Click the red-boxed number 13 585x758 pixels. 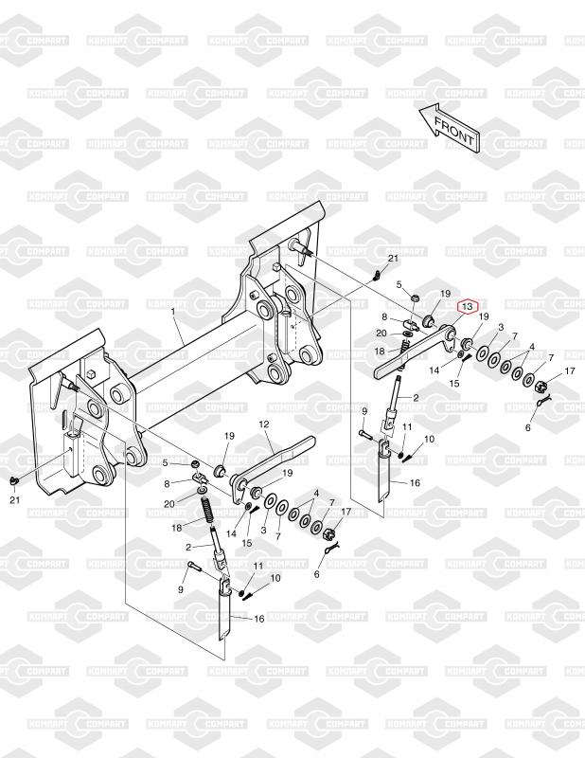click(x=466, y=306)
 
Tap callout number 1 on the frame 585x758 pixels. click(x=174, y=311)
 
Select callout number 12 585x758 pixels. click(x=264, y=424)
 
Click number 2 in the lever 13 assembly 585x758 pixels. click(x=416, y=396)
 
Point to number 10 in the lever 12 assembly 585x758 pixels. click(x=275, y=578)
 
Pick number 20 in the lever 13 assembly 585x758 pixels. click(x=381, y=334)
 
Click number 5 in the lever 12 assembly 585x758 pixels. click(x=165, y=462)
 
